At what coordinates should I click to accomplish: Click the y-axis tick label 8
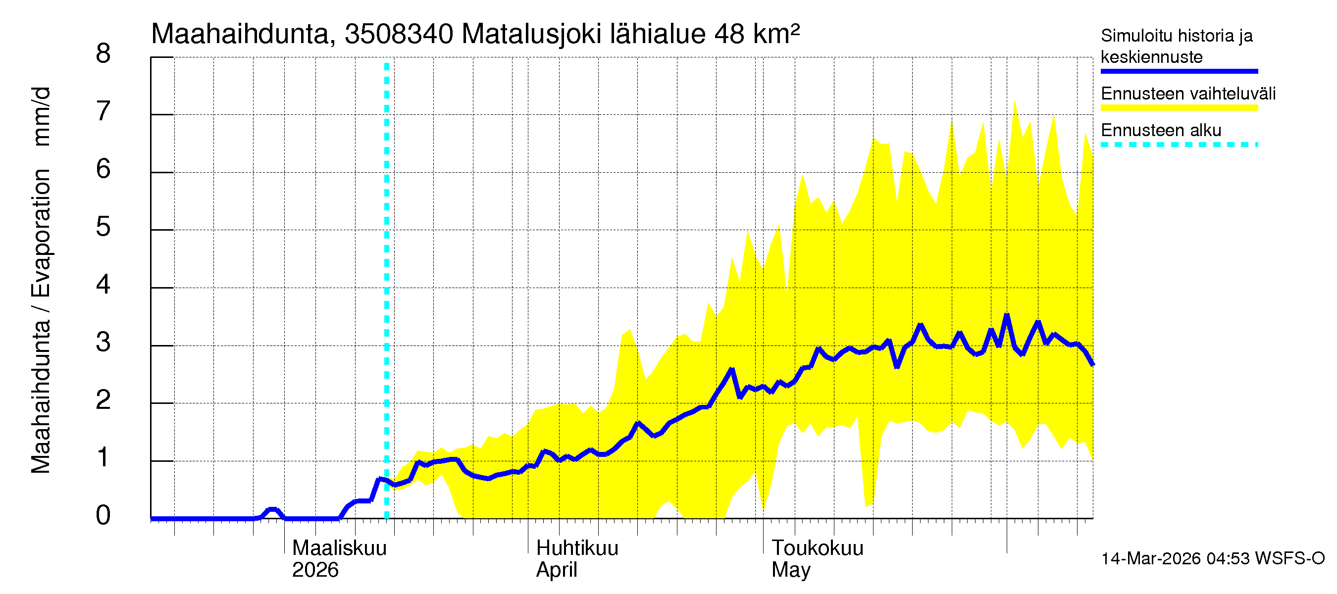(x=103, y=53)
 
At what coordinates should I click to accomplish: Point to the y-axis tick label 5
(x=103, y=227)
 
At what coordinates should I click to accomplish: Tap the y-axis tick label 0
(x=103, y=515)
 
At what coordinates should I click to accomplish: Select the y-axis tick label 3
(x=103, y=343)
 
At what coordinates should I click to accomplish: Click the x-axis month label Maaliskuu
(x=339, y=548)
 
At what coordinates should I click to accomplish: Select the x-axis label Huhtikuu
(x=577, y=548)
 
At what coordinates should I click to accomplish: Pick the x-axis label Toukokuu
(x=818, y=548)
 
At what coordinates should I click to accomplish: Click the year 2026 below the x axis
(x=315, y=570)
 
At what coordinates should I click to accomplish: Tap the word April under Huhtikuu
(x=557, y=570)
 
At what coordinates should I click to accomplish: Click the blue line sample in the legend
(x=1179, y=71)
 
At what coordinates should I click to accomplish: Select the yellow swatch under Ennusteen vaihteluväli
(x=1179, y=108)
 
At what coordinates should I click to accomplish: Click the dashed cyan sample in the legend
(x=1179, y=145)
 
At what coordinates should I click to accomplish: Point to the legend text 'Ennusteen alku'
(x=1161, y=130)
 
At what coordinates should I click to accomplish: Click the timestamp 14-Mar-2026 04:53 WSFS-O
(x=1213, y=558)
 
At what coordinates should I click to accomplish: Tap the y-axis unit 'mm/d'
(x=42, y=117)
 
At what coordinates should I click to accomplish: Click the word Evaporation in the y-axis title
(x=42, y=233)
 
